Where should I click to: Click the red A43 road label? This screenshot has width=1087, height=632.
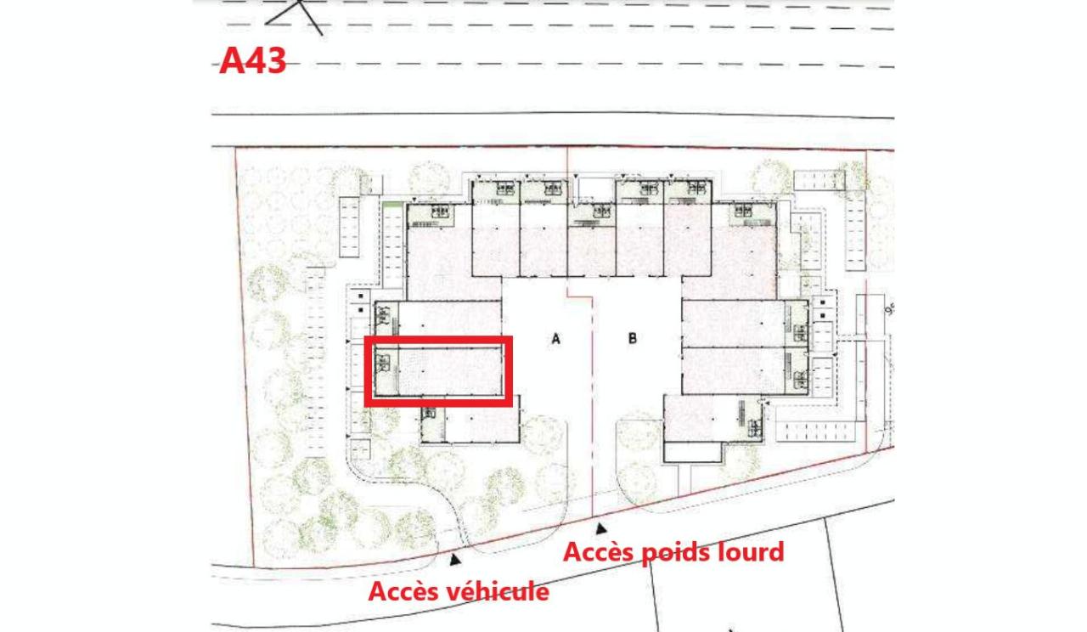coord(252,61)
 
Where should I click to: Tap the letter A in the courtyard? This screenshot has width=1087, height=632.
coord(555,339)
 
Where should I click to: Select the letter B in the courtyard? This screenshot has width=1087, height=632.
coord(633,339)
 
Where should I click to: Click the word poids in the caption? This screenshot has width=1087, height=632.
coord(676,552)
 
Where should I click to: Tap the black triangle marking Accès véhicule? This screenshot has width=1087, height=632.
coord(455,559)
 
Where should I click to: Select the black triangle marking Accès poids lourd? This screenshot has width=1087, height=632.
coord(601,528)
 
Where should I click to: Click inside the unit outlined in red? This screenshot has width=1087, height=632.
coord(450,371)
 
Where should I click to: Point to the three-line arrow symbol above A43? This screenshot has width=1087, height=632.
coord(297,15)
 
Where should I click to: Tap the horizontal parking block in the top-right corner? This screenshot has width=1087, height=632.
coord(819,181)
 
